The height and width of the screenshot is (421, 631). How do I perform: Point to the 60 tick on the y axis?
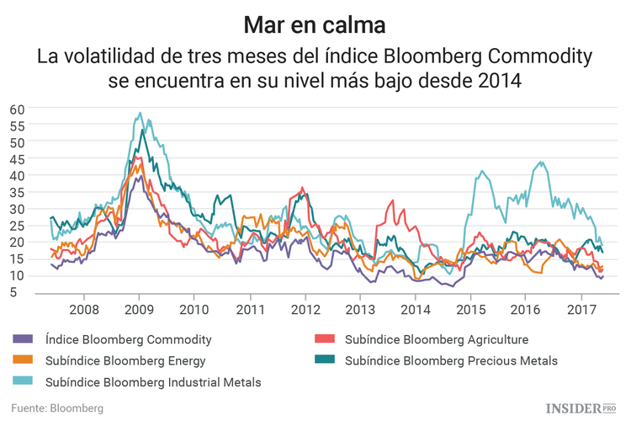click(18, 109)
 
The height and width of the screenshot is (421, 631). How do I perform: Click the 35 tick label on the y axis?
click(18, 192)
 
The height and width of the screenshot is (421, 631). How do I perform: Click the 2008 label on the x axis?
click(83, 309)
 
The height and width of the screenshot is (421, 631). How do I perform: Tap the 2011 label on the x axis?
click(249, 309)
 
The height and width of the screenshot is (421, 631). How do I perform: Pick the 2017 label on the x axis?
click(581, 309)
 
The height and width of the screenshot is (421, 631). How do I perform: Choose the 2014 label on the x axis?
click(415, 309)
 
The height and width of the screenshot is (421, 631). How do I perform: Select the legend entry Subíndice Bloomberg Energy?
click(125, 361)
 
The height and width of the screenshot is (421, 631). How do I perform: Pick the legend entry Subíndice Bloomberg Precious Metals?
click(451, 361)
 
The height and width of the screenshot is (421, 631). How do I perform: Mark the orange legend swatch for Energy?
click(24, 361)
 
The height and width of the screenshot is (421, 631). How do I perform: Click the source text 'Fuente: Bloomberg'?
click(57, 408)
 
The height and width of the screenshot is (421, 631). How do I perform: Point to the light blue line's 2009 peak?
click(141, 113)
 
